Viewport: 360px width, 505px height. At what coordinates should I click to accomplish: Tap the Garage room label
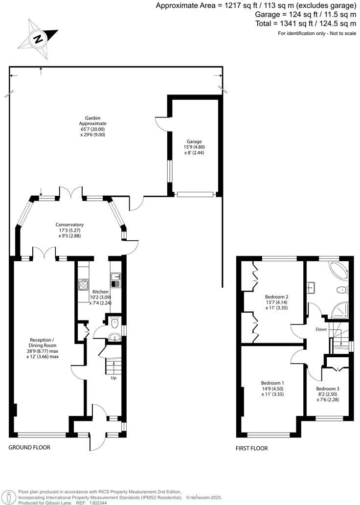click(194, 140)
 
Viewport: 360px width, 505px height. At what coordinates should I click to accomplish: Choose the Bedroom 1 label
click(272, 383)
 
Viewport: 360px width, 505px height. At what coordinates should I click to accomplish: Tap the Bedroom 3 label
click(327, 389)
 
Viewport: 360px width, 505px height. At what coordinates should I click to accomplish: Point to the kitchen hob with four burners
click(83, 284)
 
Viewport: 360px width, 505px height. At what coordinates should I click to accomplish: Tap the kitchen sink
click(115, 283)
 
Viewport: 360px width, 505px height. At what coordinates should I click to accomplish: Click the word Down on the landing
click(321, 329)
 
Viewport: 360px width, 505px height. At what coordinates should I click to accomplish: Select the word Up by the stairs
click(113, 378)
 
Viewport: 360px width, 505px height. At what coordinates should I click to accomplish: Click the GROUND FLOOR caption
click(29, 447)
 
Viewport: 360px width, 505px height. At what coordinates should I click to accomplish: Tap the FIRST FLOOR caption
click(251, 448)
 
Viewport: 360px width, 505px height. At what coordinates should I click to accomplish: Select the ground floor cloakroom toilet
click(114, 322)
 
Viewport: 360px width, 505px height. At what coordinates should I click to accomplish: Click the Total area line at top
click(305, 23)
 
